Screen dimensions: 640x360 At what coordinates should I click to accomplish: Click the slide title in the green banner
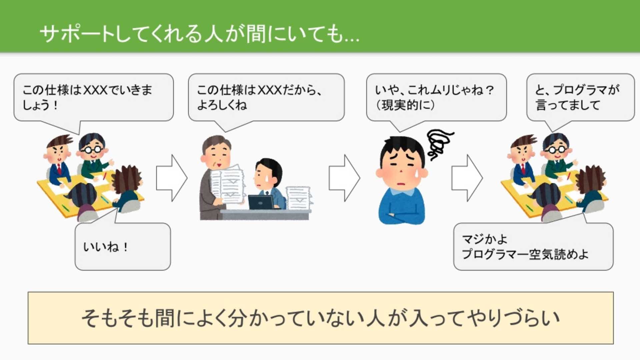pyautogui.click(x=199, y=34)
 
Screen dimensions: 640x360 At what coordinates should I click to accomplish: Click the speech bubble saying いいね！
pyautogui.click(x=123, y=247)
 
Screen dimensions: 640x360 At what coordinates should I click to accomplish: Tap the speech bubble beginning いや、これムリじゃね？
pyautogui.click(x=436, y=97)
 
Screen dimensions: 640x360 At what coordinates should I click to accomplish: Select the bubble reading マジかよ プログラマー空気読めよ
pyautogui.click(x=533, y=247)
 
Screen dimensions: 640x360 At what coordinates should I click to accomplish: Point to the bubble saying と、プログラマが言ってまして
pyautogui.click(x=580, y=97)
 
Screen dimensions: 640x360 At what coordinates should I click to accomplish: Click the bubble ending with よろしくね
pyautogui.click(x=266, y=97)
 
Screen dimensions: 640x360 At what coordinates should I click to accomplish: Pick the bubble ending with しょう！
pyautogui.click(x=93, y=97)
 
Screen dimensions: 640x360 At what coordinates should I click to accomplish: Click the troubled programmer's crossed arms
pyautogui.click(x=402, y=216)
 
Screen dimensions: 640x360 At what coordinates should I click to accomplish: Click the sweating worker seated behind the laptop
pyautogui.click(x=269, y=183)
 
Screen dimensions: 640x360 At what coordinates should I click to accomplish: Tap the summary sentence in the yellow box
pyautogui.click(x=320, y=318)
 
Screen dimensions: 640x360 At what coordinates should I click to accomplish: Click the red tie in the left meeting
pyautogui.click(x=59, y=169)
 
